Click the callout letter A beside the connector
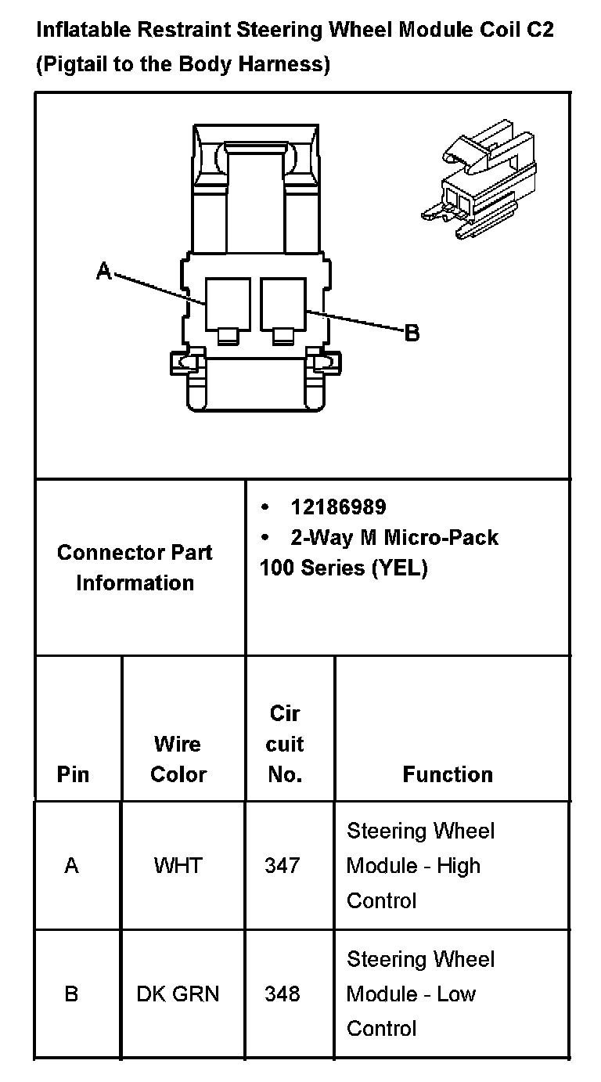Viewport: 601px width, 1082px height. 103,272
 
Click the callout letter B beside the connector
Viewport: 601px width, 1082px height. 412,334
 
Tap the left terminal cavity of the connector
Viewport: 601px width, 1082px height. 228,305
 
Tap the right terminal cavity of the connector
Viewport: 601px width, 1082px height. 284,305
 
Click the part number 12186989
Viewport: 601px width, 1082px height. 338,507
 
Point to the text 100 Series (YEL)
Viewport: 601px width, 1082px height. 344,568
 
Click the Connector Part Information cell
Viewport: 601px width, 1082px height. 135,568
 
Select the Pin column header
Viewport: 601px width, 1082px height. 74,774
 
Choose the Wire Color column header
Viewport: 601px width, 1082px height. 178,759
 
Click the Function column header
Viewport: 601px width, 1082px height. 448,774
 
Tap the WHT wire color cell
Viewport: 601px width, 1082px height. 178,865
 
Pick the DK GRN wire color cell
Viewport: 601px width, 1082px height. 178,994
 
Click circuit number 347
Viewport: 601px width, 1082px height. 283,865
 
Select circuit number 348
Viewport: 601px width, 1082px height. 283,994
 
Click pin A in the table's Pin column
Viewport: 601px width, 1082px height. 72,865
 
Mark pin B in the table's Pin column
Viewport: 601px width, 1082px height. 72,994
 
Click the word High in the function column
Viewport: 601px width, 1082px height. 459,866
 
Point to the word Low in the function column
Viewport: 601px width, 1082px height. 456,994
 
